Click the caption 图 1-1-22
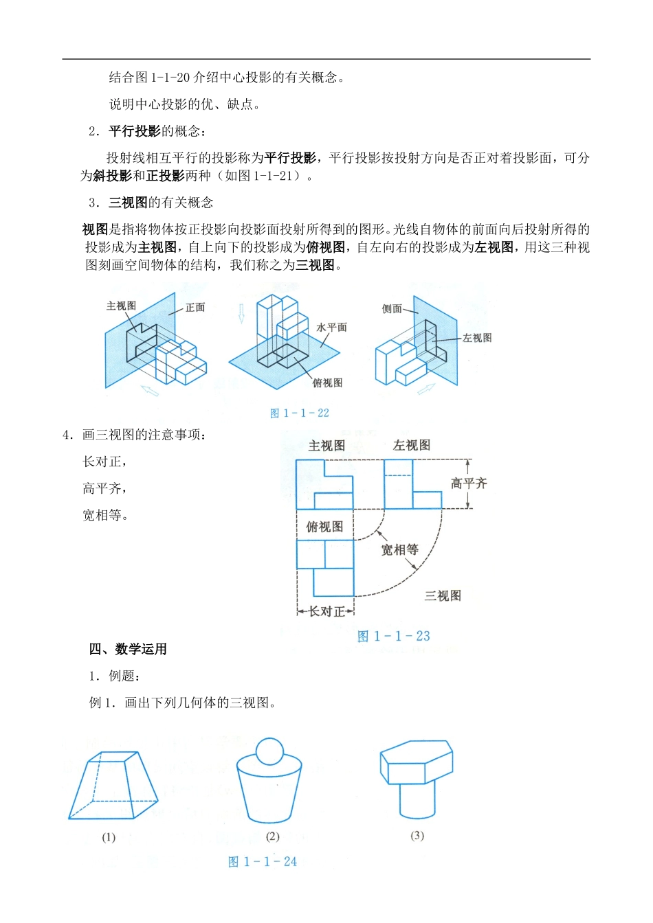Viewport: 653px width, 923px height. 300,413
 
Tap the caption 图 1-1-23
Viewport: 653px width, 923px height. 394,636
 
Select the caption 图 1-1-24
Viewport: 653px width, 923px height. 263,861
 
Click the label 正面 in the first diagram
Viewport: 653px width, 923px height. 195,307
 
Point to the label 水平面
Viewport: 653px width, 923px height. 331,328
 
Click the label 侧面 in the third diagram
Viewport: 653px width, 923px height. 392,309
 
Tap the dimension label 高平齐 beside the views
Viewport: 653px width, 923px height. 469,483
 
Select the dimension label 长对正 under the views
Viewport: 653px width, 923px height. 326,611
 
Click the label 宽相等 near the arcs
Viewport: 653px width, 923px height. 399,549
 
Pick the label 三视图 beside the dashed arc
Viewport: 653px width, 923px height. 443,595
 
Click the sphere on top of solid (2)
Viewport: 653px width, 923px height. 269,751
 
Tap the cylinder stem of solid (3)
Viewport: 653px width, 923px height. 417,800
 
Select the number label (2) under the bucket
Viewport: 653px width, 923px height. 272,836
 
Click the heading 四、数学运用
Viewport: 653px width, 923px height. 128,649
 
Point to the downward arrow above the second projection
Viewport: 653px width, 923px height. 241,313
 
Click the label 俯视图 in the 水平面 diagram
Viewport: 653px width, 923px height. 327,383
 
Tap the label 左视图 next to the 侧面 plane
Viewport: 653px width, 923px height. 477,338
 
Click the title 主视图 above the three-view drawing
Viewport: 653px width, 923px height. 326,446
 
